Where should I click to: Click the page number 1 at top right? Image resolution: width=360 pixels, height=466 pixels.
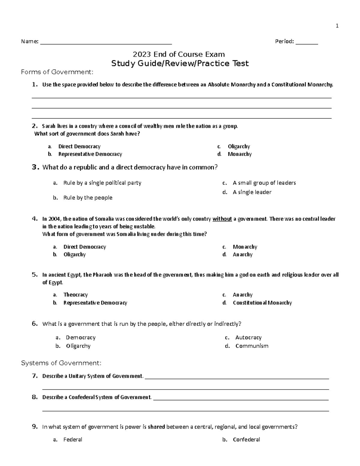[x=337, y=26]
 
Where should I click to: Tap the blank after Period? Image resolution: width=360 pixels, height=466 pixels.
[x=307, y=42]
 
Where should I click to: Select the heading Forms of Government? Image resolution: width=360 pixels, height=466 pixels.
[x=57, y=72]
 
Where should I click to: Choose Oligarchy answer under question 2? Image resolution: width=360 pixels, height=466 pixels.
[x=239, y=146]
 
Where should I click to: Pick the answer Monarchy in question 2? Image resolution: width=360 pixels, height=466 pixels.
[x=239, y=154]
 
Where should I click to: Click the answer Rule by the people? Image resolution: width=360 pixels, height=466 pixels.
[x=88, y=198]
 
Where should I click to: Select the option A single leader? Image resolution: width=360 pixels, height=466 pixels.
[x=252, y=192]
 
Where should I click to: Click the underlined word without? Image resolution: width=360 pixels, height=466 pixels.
[x=222, y=219]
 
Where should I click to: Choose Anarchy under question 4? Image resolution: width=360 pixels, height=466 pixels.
[x=242, y=254]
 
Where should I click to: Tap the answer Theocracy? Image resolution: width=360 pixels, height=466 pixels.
[x=76, y=295]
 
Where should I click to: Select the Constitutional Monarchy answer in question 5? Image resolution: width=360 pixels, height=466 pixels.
[x=262, y=303]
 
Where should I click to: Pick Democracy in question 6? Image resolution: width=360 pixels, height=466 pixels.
[x=81, y=338]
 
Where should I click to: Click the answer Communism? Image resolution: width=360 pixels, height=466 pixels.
[x=252, y=346]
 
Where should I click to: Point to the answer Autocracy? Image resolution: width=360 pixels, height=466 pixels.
[x=248, y=338]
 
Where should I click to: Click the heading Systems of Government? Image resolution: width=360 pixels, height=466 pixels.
[x=61, y=363]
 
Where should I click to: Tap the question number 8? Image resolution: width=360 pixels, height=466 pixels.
[x=34, y=397]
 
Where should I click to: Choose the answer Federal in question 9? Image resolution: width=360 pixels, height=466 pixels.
[x=73, y=440]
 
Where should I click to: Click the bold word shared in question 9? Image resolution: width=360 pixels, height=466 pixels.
[x=156, y=427]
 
